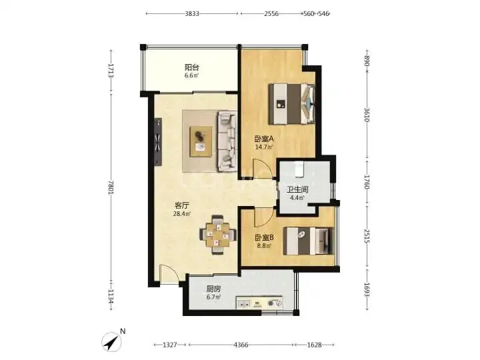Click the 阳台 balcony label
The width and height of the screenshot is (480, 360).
192,67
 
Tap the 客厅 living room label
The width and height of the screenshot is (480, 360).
182,205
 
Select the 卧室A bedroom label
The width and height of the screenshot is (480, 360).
264,139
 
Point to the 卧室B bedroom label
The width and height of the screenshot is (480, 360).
264,237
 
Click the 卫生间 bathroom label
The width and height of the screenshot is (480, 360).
297,190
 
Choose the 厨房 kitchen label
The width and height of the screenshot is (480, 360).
214,289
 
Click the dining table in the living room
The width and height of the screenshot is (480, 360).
217,235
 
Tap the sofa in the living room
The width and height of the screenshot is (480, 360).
227,141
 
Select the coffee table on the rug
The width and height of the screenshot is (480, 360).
201,142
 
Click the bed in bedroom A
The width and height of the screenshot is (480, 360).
292,104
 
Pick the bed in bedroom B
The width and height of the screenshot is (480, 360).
308,241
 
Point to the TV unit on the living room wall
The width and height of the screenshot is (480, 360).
158,142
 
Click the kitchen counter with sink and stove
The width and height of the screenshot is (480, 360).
259,303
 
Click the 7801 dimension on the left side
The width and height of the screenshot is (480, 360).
111,187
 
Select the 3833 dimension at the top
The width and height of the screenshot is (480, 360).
192,13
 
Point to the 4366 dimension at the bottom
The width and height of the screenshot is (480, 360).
241,345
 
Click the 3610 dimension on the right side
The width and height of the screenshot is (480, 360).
367,115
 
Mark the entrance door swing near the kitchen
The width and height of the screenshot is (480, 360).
169,274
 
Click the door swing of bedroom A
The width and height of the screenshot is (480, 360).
263,169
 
